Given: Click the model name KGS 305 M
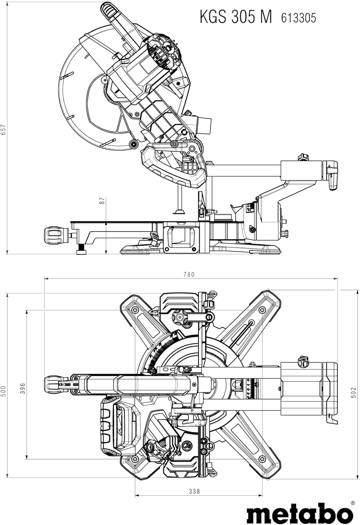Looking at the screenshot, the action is pos(236,17).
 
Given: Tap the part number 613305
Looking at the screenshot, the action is pos(299,18).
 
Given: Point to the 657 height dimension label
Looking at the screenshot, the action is pos(3,130).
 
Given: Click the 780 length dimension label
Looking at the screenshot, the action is pos(189,274).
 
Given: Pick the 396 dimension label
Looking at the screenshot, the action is pos(22,388).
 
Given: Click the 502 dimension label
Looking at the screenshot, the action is pos(354,392).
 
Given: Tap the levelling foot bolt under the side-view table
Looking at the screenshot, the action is pos(82,249).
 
